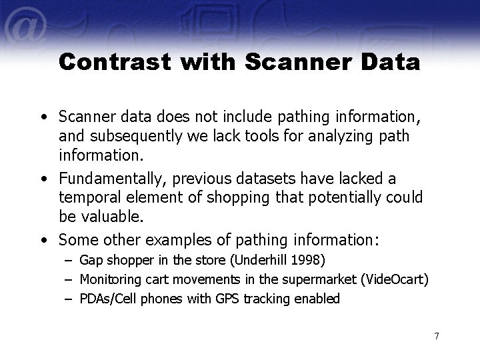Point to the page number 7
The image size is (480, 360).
(436, 335)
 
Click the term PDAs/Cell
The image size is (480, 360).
(104, 299)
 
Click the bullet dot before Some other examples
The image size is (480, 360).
(44, 238)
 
